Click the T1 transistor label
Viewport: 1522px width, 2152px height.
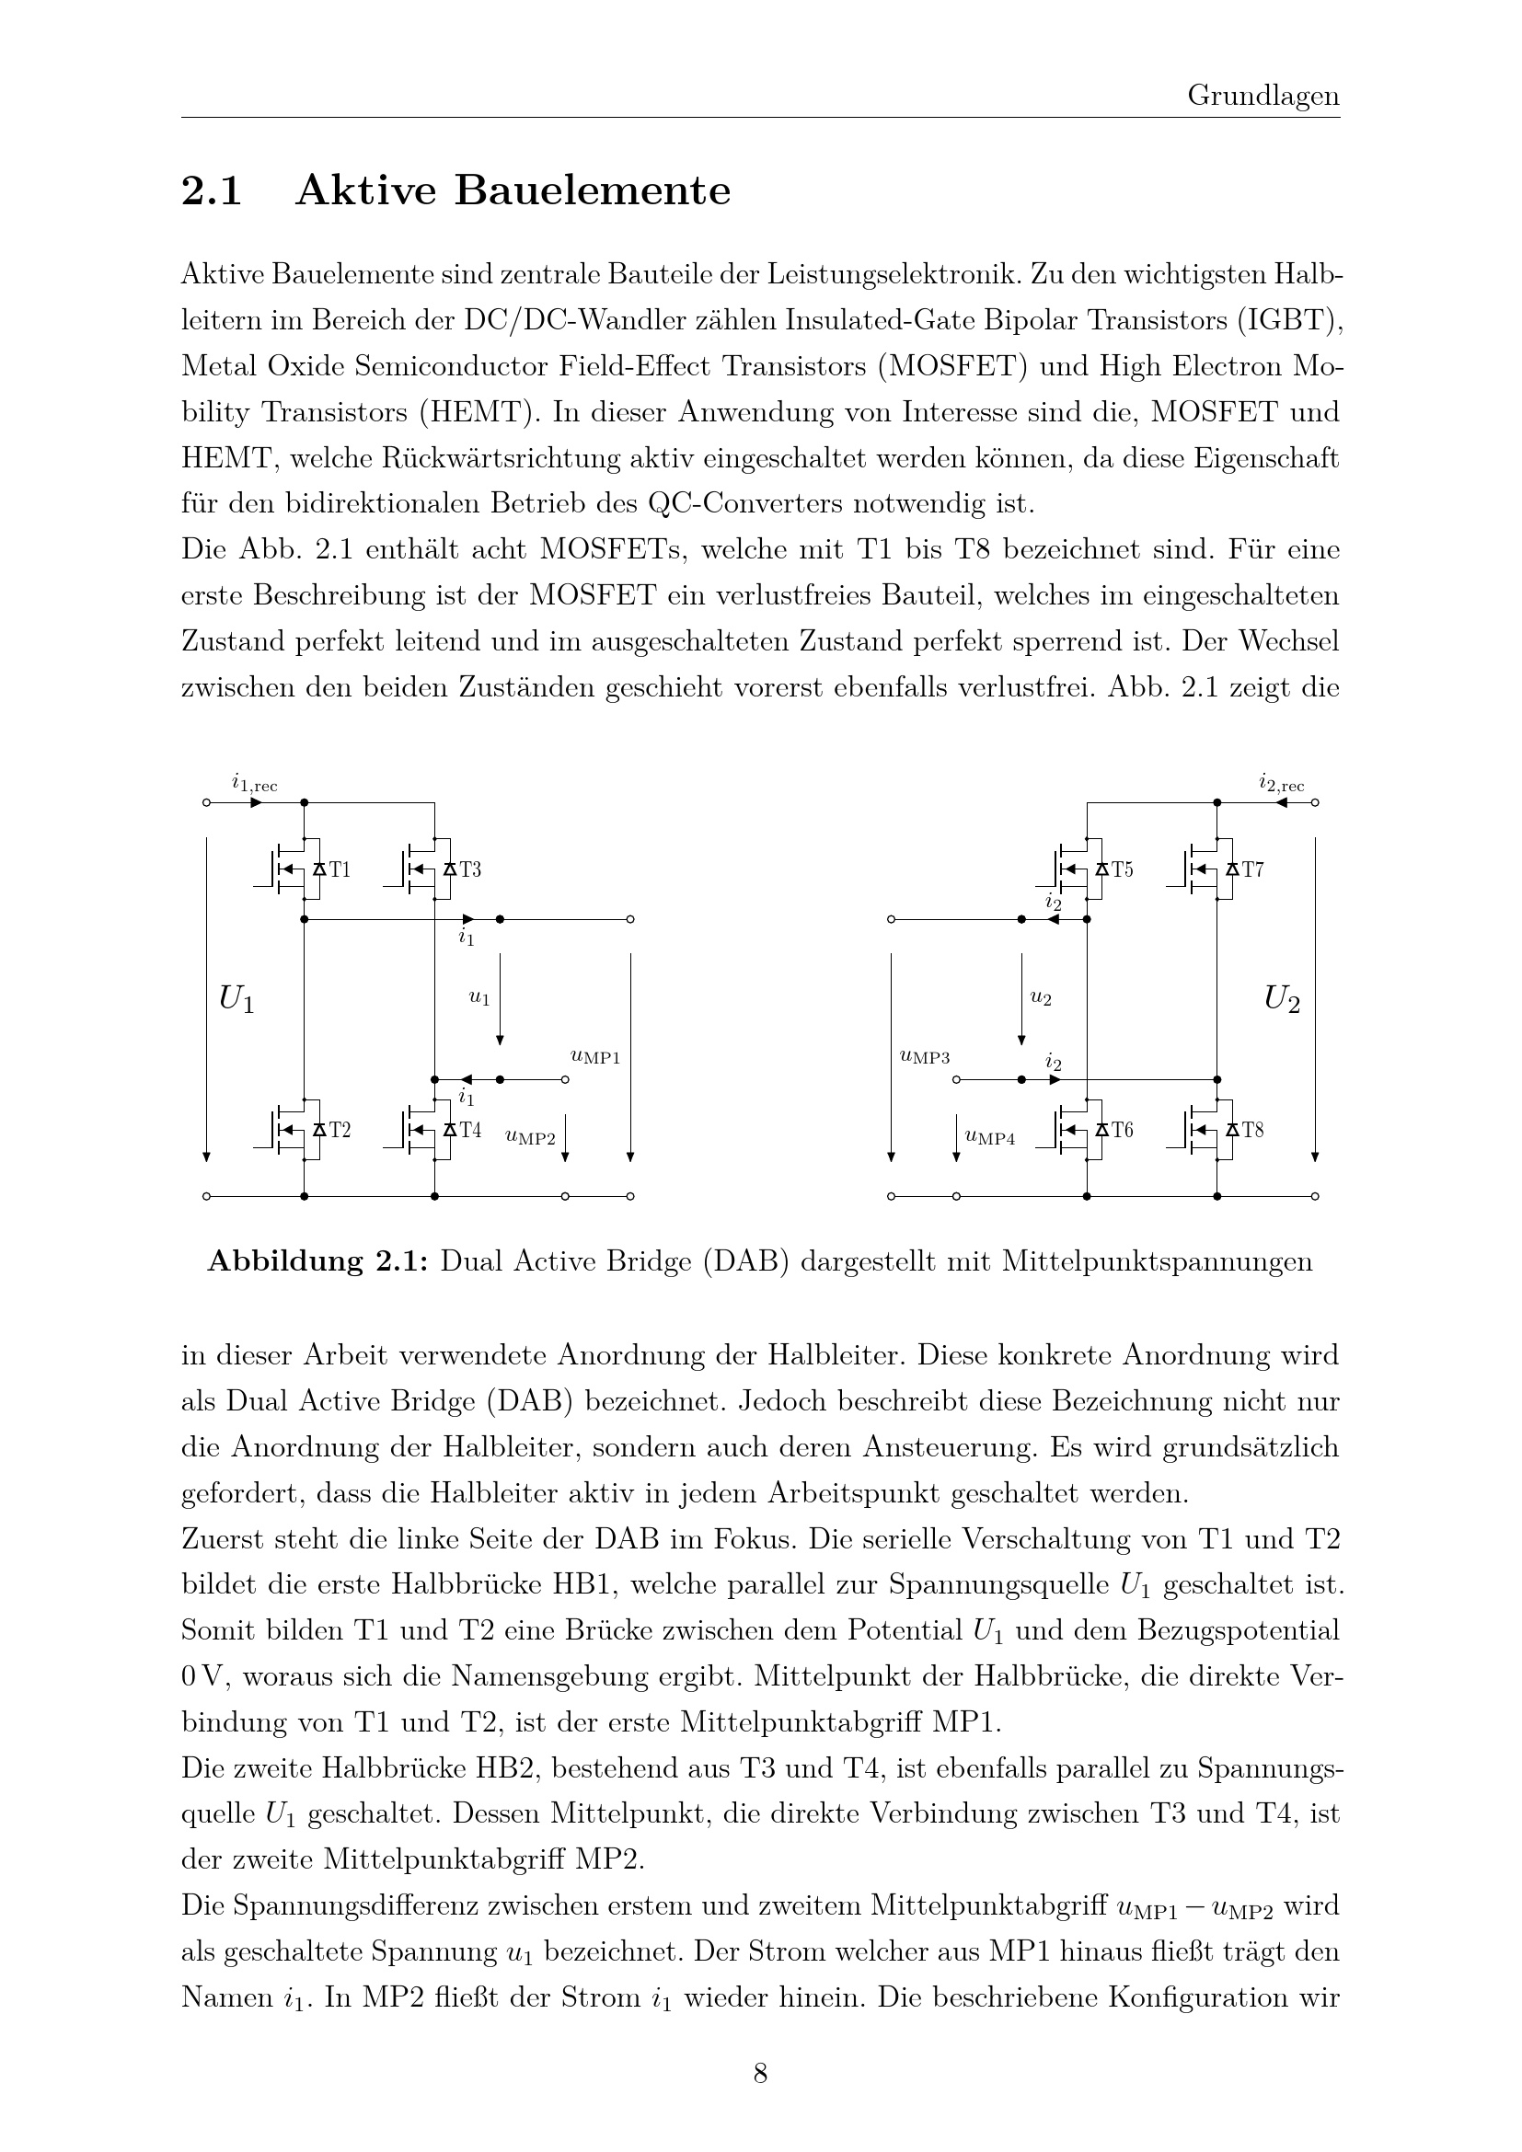[340, 869]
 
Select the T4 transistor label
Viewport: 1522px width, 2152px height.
[469, 1131]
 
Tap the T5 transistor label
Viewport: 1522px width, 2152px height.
[1122, 869]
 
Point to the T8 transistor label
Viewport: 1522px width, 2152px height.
[1252, 1131]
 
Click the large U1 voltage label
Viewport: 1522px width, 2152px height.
[236, 1000]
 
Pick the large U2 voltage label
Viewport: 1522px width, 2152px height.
[1281, 1000]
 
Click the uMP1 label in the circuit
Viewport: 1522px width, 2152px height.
[595, 1057]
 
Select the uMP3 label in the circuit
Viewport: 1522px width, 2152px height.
[924, 1057]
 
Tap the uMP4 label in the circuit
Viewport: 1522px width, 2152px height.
[990, 1138]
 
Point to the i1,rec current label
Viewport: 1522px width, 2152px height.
[254, 784]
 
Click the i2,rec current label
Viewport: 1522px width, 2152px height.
[1280, 784]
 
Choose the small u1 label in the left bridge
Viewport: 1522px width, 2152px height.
[479, 998]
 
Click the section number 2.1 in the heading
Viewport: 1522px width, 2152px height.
[212, 191]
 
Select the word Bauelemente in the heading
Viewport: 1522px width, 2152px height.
[593, 191]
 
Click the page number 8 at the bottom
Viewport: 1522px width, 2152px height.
[760, 2073]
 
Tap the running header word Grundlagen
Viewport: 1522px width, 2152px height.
[1263, 96]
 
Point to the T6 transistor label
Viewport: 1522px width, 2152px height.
[1122, 1131]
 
